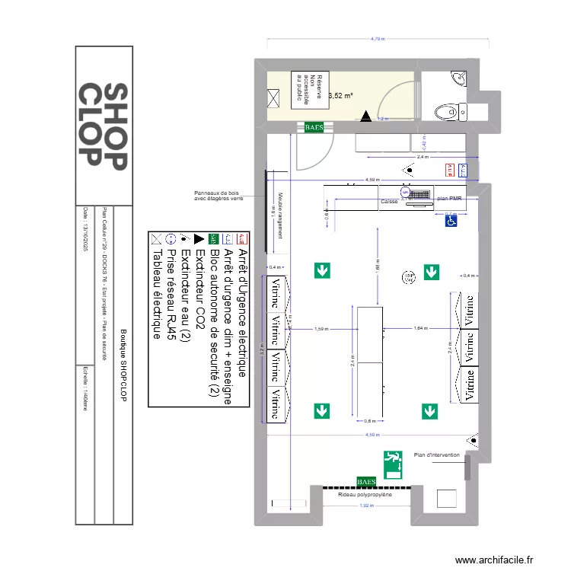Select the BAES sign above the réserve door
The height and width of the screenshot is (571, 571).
314,127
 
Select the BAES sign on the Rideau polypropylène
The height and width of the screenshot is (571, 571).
366,481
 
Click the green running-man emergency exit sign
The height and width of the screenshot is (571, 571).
393,464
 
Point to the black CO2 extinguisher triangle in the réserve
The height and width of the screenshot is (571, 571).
367,116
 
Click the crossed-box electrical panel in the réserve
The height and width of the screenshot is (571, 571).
273,97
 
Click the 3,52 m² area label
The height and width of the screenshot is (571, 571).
340,96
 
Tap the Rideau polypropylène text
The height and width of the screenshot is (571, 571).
365,494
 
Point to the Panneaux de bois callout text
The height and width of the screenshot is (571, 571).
219,196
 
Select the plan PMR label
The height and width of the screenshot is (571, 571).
455,199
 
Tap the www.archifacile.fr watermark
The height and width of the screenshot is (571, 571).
506,560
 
